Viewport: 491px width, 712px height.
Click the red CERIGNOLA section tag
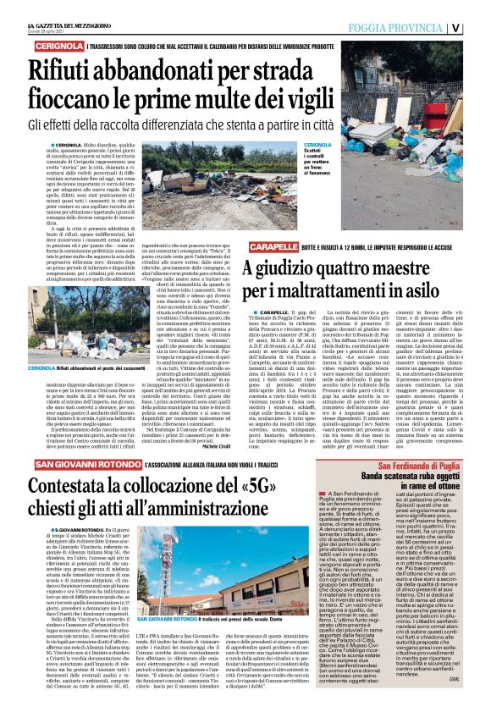point(52,46)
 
